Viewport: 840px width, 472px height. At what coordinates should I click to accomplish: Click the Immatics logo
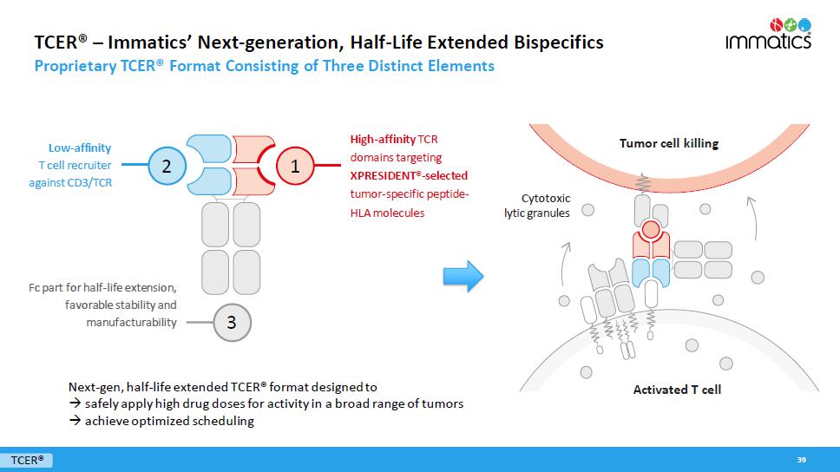(x=768, y=35)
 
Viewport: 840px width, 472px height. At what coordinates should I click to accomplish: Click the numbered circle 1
(x=295, y=167)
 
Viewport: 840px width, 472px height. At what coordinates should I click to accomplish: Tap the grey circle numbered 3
(x=231, y=322)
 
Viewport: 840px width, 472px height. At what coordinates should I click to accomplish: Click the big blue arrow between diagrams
(x=463, y=276)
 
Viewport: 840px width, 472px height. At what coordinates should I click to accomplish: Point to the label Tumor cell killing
(x=668, y=143)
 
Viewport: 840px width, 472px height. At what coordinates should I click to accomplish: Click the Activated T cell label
(x=677, y=390)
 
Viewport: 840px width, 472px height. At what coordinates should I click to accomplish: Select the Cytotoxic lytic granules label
(x=537, y=205)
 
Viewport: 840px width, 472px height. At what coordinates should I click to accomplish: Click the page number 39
(x=802, y=459)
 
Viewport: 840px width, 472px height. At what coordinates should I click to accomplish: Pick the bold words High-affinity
(x=383, y=139)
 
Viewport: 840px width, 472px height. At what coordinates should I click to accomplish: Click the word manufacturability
(x=131, y=322)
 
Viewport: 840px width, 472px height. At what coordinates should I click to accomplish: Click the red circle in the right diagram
(x=650, y=231)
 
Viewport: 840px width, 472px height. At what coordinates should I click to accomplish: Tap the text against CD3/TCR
(x=70, y=182)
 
